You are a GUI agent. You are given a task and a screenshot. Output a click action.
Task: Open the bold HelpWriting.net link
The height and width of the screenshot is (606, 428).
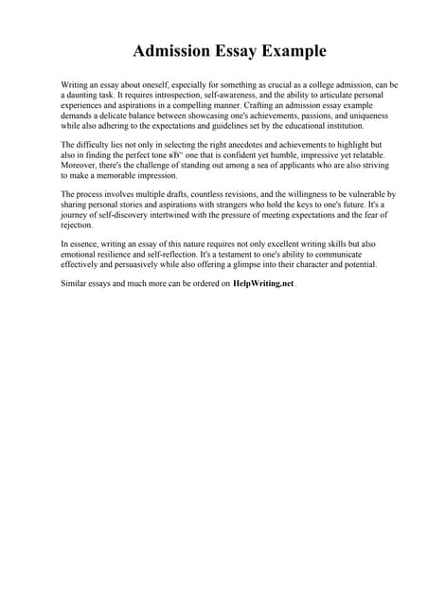coord(263,283)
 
